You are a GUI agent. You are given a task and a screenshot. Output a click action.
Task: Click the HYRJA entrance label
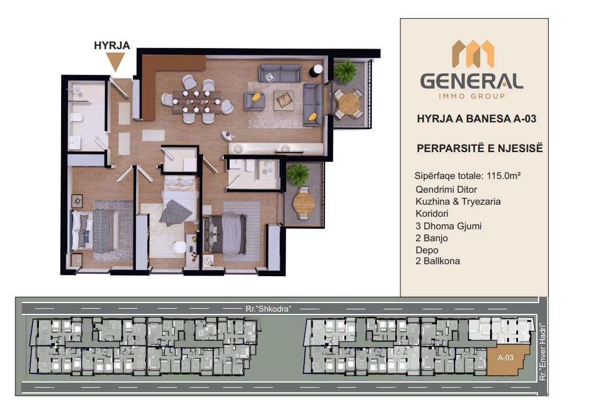[112, 46]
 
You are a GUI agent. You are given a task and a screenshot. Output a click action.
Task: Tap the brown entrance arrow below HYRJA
[115, 61]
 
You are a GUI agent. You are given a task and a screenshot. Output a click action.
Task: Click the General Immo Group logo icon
[472, 54]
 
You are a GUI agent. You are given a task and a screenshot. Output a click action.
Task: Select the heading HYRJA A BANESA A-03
[476, 119]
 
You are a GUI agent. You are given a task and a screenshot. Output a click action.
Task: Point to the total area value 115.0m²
[503, 176]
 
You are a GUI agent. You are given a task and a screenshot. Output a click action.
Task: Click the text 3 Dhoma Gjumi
[448, 226]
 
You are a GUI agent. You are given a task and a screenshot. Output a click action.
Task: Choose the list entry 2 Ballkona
[438, 261]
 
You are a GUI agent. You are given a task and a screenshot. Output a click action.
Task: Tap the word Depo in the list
[427, 250]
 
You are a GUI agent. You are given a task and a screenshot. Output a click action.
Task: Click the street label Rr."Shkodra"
[268, 309]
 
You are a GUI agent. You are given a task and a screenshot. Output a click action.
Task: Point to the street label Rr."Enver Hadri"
[542, 352]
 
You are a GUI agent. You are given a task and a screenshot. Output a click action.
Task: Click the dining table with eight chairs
[196, 102]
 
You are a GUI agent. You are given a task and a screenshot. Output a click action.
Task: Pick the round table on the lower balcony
[303, 202]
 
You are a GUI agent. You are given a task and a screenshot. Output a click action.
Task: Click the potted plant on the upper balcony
[345, 71]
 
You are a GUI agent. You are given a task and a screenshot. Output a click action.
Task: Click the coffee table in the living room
[284, 100]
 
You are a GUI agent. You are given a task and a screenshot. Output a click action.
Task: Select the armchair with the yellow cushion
[254, 101]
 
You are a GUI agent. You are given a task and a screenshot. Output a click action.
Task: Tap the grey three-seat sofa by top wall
[280, 73]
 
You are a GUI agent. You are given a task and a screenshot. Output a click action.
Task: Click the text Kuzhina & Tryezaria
[458, 201]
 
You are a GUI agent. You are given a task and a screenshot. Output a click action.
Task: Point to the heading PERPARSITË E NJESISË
[480, 149]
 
